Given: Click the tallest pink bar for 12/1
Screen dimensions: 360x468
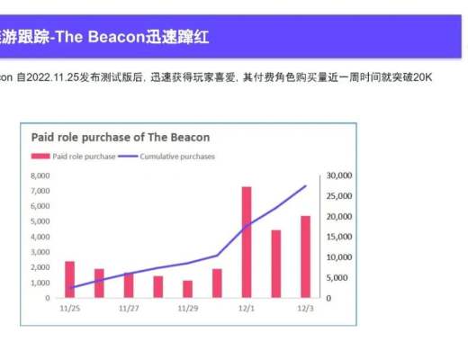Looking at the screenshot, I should pyautogui.click(x=247, y=241).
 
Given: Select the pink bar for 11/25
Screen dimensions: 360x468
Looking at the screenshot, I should pyautogui.click(x=69, y=279).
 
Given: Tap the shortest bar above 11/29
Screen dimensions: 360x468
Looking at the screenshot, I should pyautogui.click(x=187, y=289).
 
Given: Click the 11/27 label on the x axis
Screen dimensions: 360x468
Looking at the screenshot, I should pyautogui.click(x=129, y=308).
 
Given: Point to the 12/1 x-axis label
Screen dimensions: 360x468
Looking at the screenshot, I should pyautogui.click(x=247, y=308).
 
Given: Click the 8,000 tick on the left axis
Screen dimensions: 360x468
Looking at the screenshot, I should pyautogui.click(x=40, y=175).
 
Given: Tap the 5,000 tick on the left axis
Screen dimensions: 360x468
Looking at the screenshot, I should pyautogui.click(x=40, y=221).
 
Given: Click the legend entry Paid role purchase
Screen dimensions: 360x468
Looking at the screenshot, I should pyautogui.click(x=80, y=156).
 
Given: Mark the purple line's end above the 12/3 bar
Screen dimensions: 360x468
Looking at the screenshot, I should pyautogui.click(x=305, y=186).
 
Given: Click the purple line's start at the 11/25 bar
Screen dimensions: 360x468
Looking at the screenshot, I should pyautogui.click(x=69, y=288).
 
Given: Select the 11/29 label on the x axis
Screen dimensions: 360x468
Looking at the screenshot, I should pyautogui.click(x=187, y=308).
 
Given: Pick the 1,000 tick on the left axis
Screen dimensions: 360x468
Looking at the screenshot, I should pyautogui.click(x=40, y=283).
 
